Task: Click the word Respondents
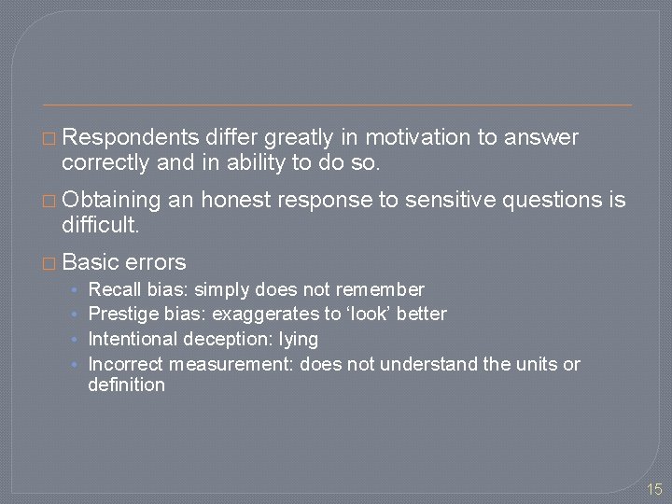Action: click(x=131, y=138)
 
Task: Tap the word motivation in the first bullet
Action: click(x=418, y=138)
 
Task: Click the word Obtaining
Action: click(x=111, y=201)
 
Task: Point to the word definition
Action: click(x=126, y=385)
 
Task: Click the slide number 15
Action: click(x=653, y=488)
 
